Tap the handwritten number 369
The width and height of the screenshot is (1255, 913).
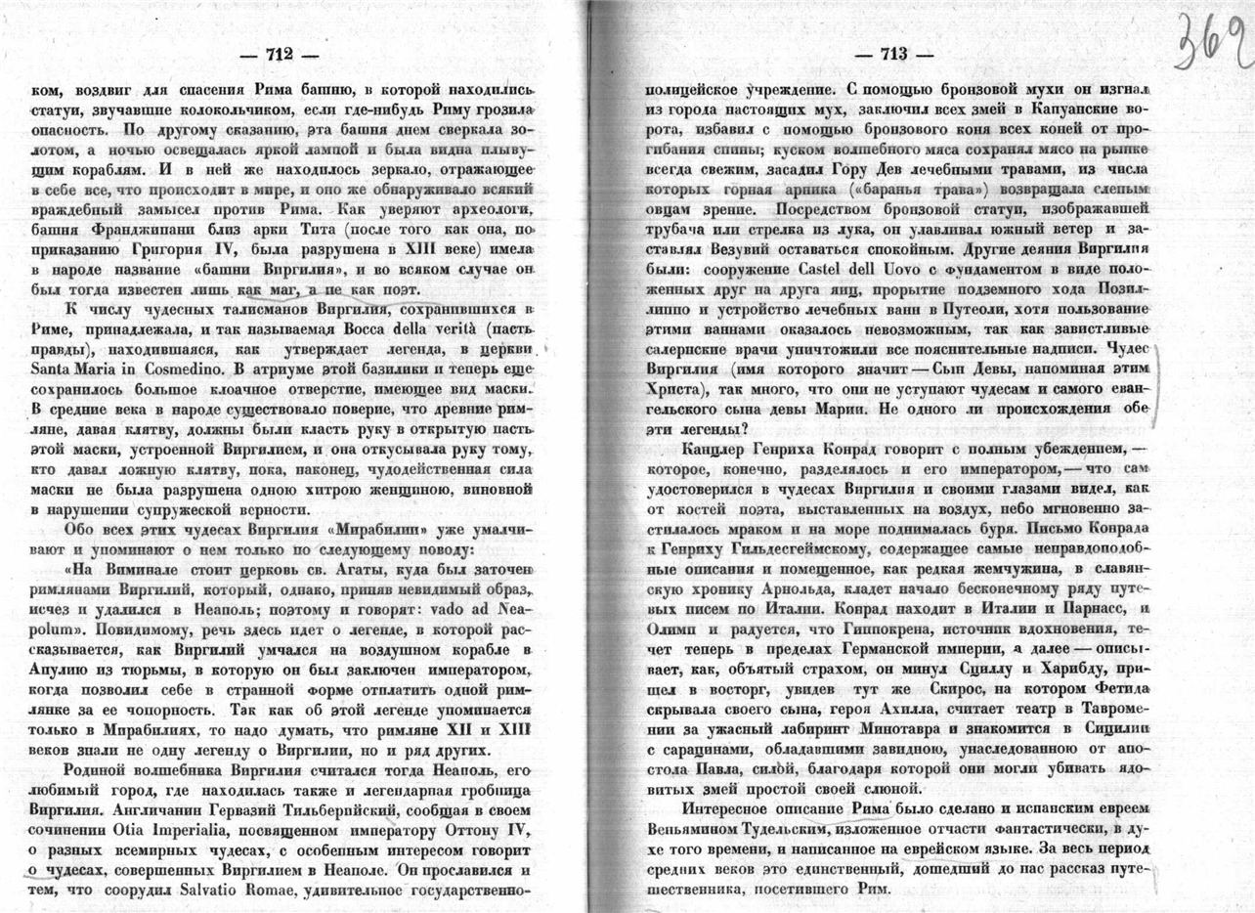pyautogui.click(x=1212, y=44)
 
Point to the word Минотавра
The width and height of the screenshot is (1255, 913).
pyautogui.click(x=859, y=728)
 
